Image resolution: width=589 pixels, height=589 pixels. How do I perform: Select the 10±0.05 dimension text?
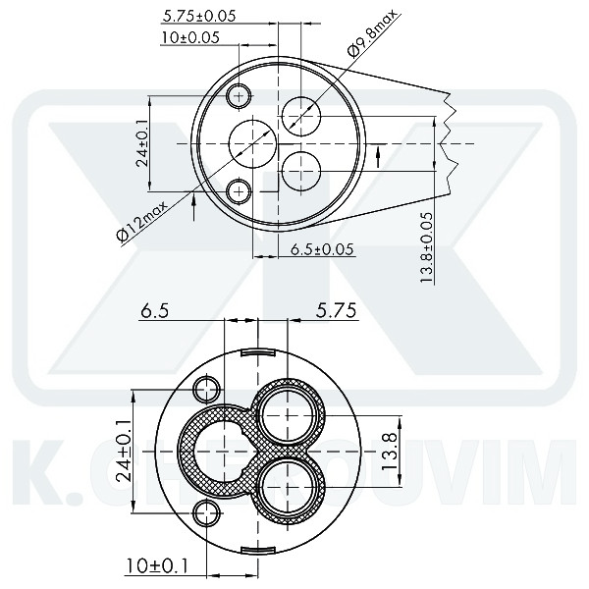[190, 37]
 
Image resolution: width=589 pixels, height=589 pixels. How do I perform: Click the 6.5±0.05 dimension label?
[322, 250]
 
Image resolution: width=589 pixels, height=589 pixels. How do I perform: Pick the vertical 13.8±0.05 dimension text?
[426, 246]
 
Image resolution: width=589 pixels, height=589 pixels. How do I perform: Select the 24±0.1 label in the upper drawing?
[142, 142]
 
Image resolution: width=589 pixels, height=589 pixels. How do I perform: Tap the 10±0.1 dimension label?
[157, 566]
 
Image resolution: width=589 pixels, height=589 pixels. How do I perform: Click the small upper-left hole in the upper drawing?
[239, 95]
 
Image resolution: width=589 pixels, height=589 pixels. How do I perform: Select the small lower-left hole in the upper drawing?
[239, 189]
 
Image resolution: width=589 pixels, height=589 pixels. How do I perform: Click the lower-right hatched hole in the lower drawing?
[290, 484]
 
